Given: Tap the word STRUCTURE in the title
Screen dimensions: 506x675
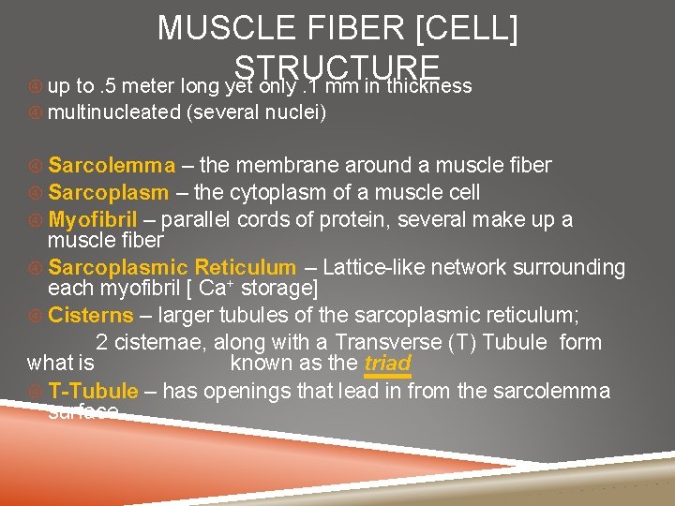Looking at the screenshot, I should click(337, 67).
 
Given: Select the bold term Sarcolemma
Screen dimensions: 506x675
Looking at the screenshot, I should click(112, 166).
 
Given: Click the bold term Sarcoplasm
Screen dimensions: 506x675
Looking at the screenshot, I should click(109, 193).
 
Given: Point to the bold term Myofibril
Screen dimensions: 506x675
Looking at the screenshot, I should click(93, 220).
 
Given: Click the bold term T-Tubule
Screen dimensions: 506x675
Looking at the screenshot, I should click(93, 391).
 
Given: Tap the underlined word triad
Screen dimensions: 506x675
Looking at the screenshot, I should click(387, 364).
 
